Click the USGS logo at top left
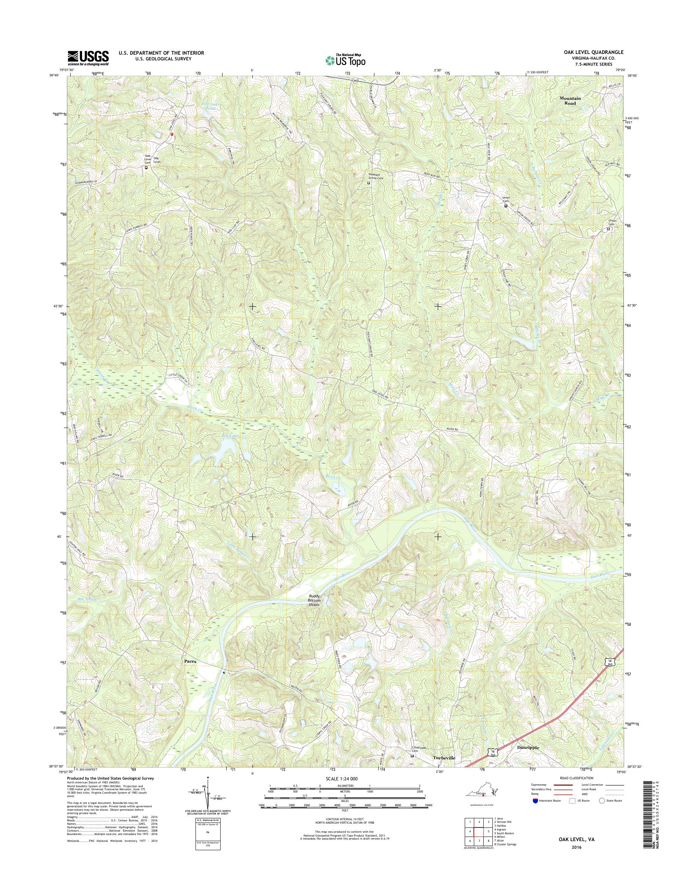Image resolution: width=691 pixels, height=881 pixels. click(x=88, y=58)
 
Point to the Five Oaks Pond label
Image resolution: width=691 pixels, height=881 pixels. click(x=210, y=106)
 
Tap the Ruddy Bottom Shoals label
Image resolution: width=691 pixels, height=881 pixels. click(x=314, y=600)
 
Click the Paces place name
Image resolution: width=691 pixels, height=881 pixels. click(x=190, y=661)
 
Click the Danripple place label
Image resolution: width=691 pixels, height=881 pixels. click(x=528, y=748)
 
